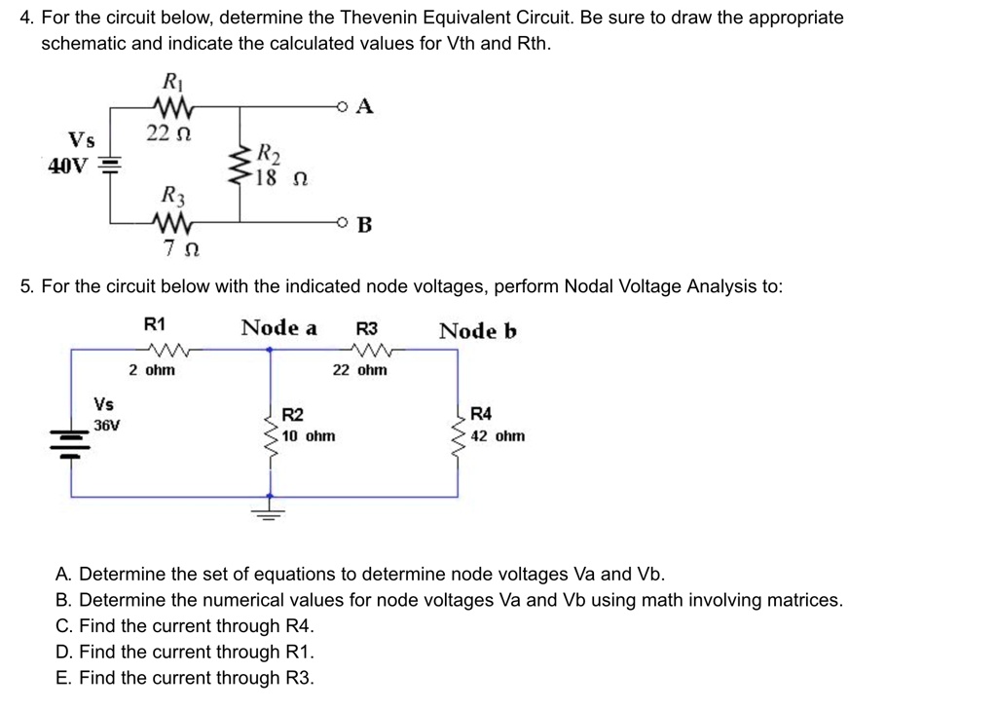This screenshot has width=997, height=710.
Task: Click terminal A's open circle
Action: [341, 106]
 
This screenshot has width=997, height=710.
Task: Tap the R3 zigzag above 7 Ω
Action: [172, 224]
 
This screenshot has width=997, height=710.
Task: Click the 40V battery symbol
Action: [110, 165]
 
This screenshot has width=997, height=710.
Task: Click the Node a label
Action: [278, 327]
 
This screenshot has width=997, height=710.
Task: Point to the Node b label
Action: [477, 331]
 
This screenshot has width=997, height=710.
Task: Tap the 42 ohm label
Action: [498, 435]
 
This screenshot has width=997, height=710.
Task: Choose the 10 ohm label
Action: [309, 435]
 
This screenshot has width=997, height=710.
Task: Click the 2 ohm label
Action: [153, 370]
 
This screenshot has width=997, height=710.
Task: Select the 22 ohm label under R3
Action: [359, 370]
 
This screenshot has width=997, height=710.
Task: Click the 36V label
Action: [107, 425]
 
